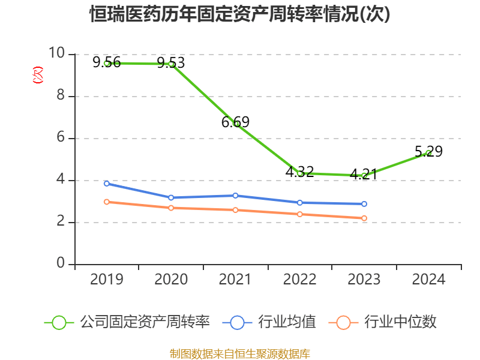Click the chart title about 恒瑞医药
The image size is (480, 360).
pos(240,14)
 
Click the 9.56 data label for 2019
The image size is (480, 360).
pos(106,62)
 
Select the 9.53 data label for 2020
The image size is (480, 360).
pos(171,62)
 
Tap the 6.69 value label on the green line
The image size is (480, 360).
pos(235,122)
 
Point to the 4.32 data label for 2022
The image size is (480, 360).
pos(299,172)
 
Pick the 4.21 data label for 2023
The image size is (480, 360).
pos(364,175)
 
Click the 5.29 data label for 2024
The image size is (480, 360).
pos(428,152)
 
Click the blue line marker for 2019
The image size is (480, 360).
pos(107,184)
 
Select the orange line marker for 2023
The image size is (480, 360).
pos(364,218)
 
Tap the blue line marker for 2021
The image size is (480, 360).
pos(235,196)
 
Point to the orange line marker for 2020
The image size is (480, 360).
pos(171,208)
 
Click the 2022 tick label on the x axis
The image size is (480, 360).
pos(299,280)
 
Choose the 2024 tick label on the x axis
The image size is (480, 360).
pos(428,280)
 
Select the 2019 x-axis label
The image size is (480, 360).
pos(107,280)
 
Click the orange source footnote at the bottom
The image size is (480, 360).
pos(240,353)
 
